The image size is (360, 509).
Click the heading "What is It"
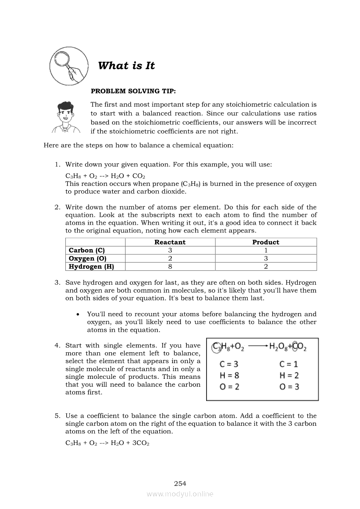126,66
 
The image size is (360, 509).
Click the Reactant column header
170,242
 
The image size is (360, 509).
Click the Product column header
266,242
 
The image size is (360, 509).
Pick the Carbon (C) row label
87,250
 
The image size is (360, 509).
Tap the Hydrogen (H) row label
92,266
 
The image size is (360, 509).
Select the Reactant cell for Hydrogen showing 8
170,266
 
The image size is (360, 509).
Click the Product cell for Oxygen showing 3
266,258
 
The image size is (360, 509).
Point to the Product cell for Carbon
266,250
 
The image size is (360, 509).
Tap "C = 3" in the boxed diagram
229,364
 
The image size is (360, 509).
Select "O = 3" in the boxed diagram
289,387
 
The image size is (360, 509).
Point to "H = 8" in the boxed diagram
229,375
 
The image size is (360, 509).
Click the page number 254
180,483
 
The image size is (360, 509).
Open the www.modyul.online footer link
180,494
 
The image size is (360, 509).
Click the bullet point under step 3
78,314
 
